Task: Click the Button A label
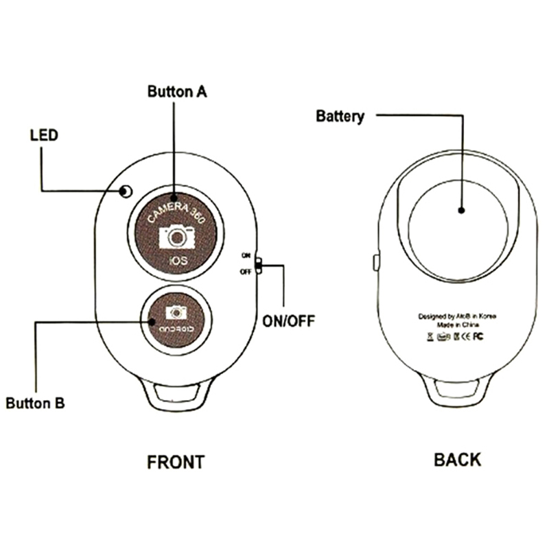click(177, 91)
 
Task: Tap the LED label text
click(44, 135)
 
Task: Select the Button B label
click(36, 403)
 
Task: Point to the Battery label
click(340, 116)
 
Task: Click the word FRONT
click(176, 462)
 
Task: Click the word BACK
click(458, 459)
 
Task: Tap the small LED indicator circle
click(125, 191)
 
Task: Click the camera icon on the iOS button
click(177, 237)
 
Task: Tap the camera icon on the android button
click(177, 313)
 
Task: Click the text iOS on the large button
click(177, 262)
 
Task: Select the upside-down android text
click(177, 328)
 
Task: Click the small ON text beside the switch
click(246, 255)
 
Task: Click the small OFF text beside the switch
click(245, 272)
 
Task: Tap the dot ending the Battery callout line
click(463, 211)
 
